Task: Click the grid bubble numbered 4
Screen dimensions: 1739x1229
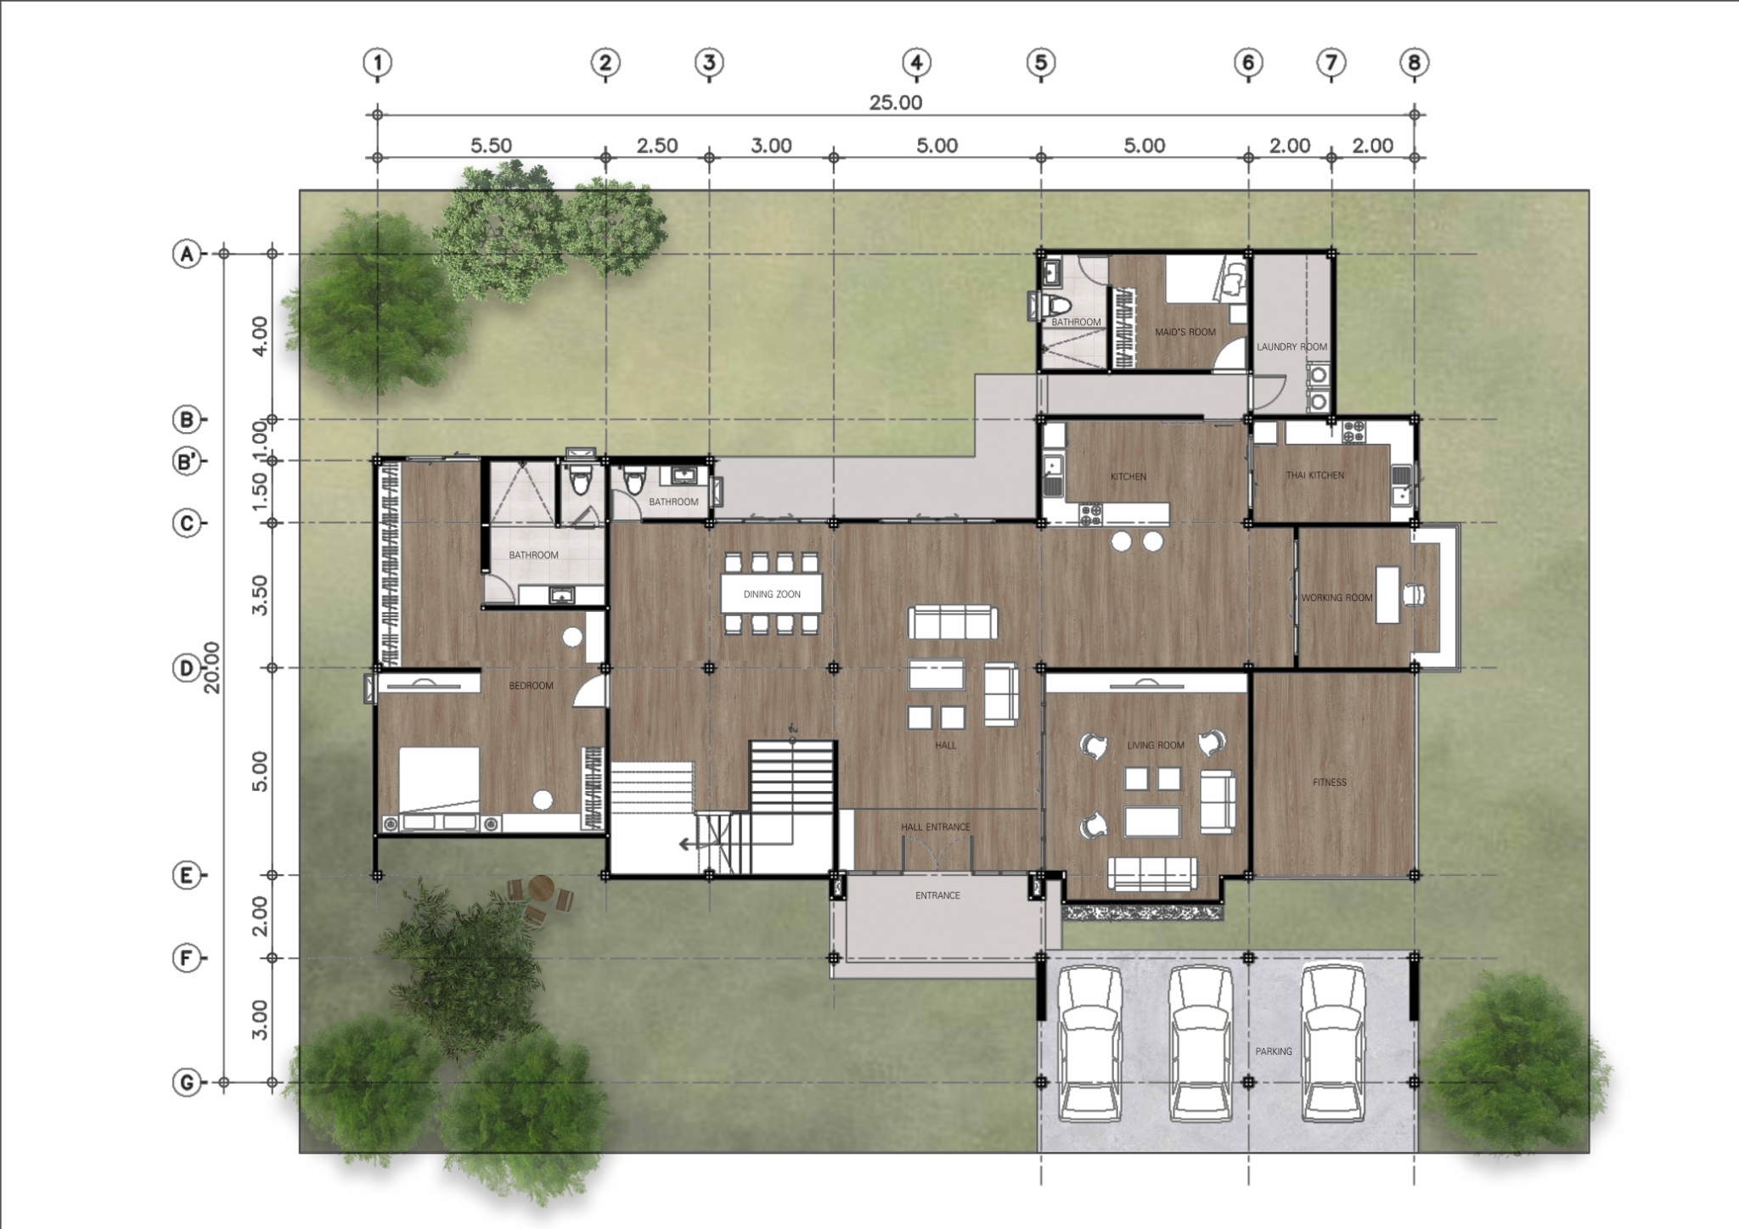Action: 916,62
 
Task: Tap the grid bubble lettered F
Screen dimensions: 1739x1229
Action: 186,958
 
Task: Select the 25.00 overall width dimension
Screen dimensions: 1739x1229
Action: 895,103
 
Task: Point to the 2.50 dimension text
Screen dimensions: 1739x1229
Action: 657,146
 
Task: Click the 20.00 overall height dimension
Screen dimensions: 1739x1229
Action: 211,667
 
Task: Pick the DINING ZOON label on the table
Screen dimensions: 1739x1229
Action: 772,594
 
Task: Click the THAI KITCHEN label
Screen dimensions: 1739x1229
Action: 1314,475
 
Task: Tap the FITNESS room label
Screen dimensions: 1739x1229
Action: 1330,783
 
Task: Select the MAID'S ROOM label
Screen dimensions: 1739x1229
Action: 1185,332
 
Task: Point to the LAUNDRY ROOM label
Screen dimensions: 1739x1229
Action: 1292,346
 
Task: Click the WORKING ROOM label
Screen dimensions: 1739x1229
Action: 1337,598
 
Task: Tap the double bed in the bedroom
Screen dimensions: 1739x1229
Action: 439,779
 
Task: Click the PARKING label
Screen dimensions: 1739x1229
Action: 1274,1052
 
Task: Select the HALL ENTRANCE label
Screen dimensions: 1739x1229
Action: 936,827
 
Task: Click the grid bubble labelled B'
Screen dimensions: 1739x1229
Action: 186,463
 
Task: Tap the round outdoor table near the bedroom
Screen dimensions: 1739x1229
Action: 541,889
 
